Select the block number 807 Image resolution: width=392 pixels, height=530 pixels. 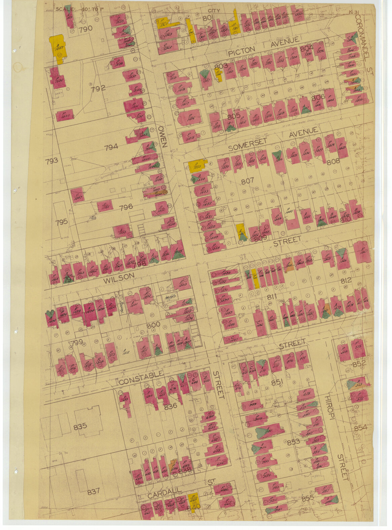[x=247, y=181]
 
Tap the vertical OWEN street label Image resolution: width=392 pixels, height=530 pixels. [x=163, y=136]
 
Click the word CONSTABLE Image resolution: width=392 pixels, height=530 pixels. [x=141, y=378]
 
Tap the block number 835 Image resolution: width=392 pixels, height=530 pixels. [x=80, y=426]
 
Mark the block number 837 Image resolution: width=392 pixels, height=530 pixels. [x=94, y=491]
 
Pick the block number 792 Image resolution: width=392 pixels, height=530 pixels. [x=98, y=88]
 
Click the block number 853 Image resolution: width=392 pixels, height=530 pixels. [x=293, y=442]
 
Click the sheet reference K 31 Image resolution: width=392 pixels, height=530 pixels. [x=355, y=12]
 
